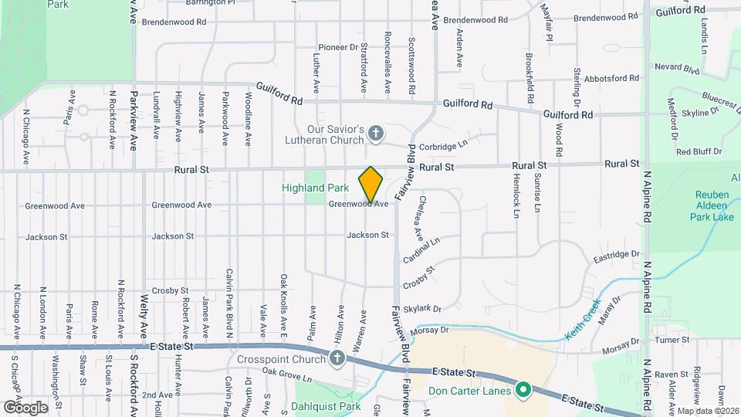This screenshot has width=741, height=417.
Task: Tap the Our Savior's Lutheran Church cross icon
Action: (376, 134)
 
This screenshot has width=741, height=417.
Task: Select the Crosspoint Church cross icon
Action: (337, 358)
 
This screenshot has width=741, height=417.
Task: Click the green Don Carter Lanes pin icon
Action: (522, 391)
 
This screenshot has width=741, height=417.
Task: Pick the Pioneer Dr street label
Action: (340, 47)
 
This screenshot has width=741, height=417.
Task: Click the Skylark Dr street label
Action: (425, 307)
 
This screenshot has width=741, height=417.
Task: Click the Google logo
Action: (25, 407)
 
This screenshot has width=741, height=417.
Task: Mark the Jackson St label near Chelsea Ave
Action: (367, 235)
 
